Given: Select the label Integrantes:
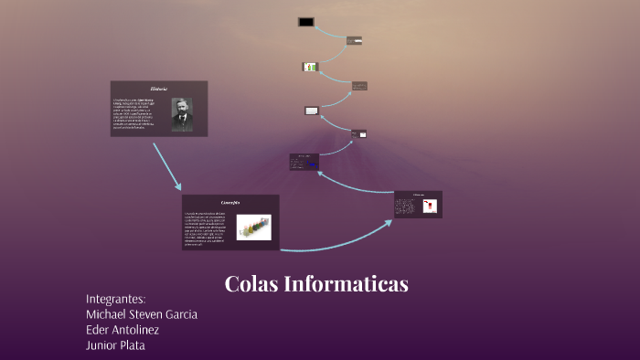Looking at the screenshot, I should coord(115,299).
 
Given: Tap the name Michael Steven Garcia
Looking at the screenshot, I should coord(141,314).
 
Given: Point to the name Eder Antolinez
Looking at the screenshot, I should coord(122,330).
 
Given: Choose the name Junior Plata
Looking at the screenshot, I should coord(115,345).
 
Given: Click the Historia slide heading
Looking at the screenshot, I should coord(159,89).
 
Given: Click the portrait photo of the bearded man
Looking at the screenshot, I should coord(182,114).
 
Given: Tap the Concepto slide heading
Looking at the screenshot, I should coord(230,202).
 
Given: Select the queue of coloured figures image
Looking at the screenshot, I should coord(253,228).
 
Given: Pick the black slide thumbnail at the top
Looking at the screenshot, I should coord(305,22).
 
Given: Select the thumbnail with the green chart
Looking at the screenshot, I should coord(309,67).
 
